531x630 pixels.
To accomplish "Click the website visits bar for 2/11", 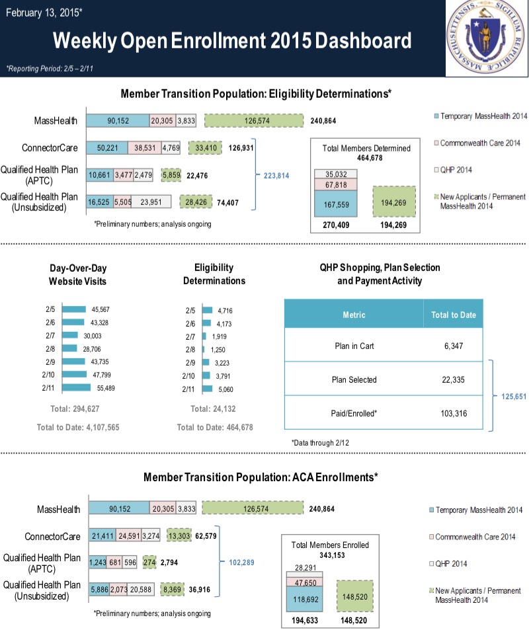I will [x=76, y=387].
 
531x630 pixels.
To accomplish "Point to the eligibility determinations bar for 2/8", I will [x=204, y=348].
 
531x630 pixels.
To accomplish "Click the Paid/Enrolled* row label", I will [x=353, y=413].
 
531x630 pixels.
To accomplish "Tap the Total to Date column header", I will [x=453, y=315].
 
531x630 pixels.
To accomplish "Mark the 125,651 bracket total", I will [x=512, y=396].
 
